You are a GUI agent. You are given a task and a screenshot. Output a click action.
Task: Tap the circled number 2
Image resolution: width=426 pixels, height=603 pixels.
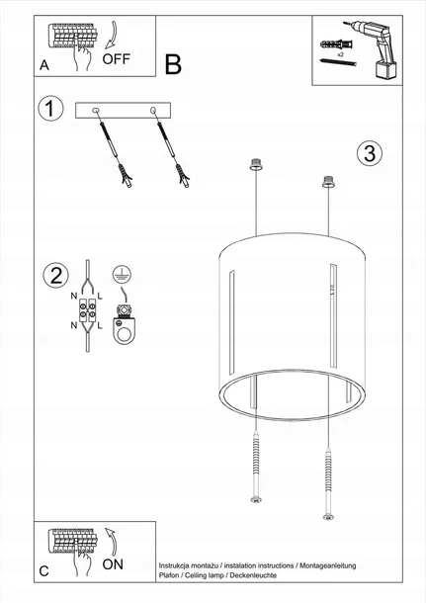coord(55,276)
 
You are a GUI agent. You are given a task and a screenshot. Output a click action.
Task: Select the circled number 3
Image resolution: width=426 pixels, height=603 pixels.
coord(369,153)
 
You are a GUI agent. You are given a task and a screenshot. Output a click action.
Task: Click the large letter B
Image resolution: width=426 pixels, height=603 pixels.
coord(174,64)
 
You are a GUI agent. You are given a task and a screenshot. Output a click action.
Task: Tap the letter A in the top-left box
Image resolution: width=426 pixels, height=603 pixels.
coord(43,66)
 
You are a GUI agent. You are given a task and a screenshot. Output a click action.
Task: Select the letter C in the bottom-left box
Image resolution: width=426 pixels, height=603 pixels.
coord(43,571)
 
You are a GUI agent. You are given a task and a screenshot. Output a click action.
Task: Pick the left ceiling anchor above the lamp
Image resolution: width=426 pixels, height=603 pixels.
coord(256,163)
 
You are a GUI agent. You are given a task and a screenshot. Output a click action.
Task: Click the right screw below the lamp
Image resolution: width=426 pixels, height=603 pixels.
coord(326,465)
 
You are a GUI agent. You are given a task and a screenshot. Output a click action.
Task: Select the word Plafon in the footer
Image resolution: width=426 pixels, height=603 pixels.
coord(169,574)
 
